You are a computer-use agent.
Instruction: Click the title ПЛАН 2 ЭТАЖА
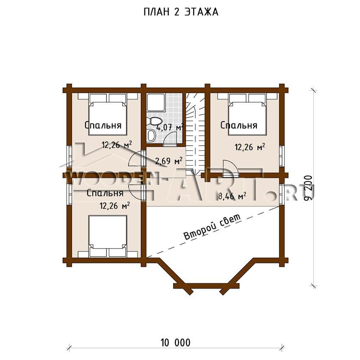[x=181, y=12]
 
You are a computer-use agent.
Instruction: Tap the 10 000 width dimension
[x=176, y=343]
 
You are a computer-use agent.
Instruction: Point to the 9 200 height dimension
[x=308, y=188]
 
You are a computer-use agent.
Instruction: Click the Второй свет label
[x=212, y=227]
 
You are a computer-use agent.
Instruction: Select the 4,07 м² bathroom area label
[x=170, y=127]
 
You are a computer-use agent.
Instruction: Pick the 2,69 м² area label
[x=169, y=161]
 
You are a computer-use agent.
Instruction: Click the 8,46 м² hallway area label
[x=232, y=196]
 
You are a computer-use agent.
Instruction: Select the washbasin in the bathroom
[x=151, y=136]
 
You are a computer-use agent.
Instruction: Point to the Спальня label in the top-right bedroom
[x=239, y=125]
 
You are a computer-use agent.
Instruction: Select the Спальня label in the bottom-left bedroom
[x=105, y=193]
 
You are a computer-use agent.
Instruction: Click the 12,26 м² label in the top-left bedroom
[x=116, y=145]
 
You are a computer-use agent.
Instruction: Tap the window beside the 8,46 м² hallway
[x=282, y=192]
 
